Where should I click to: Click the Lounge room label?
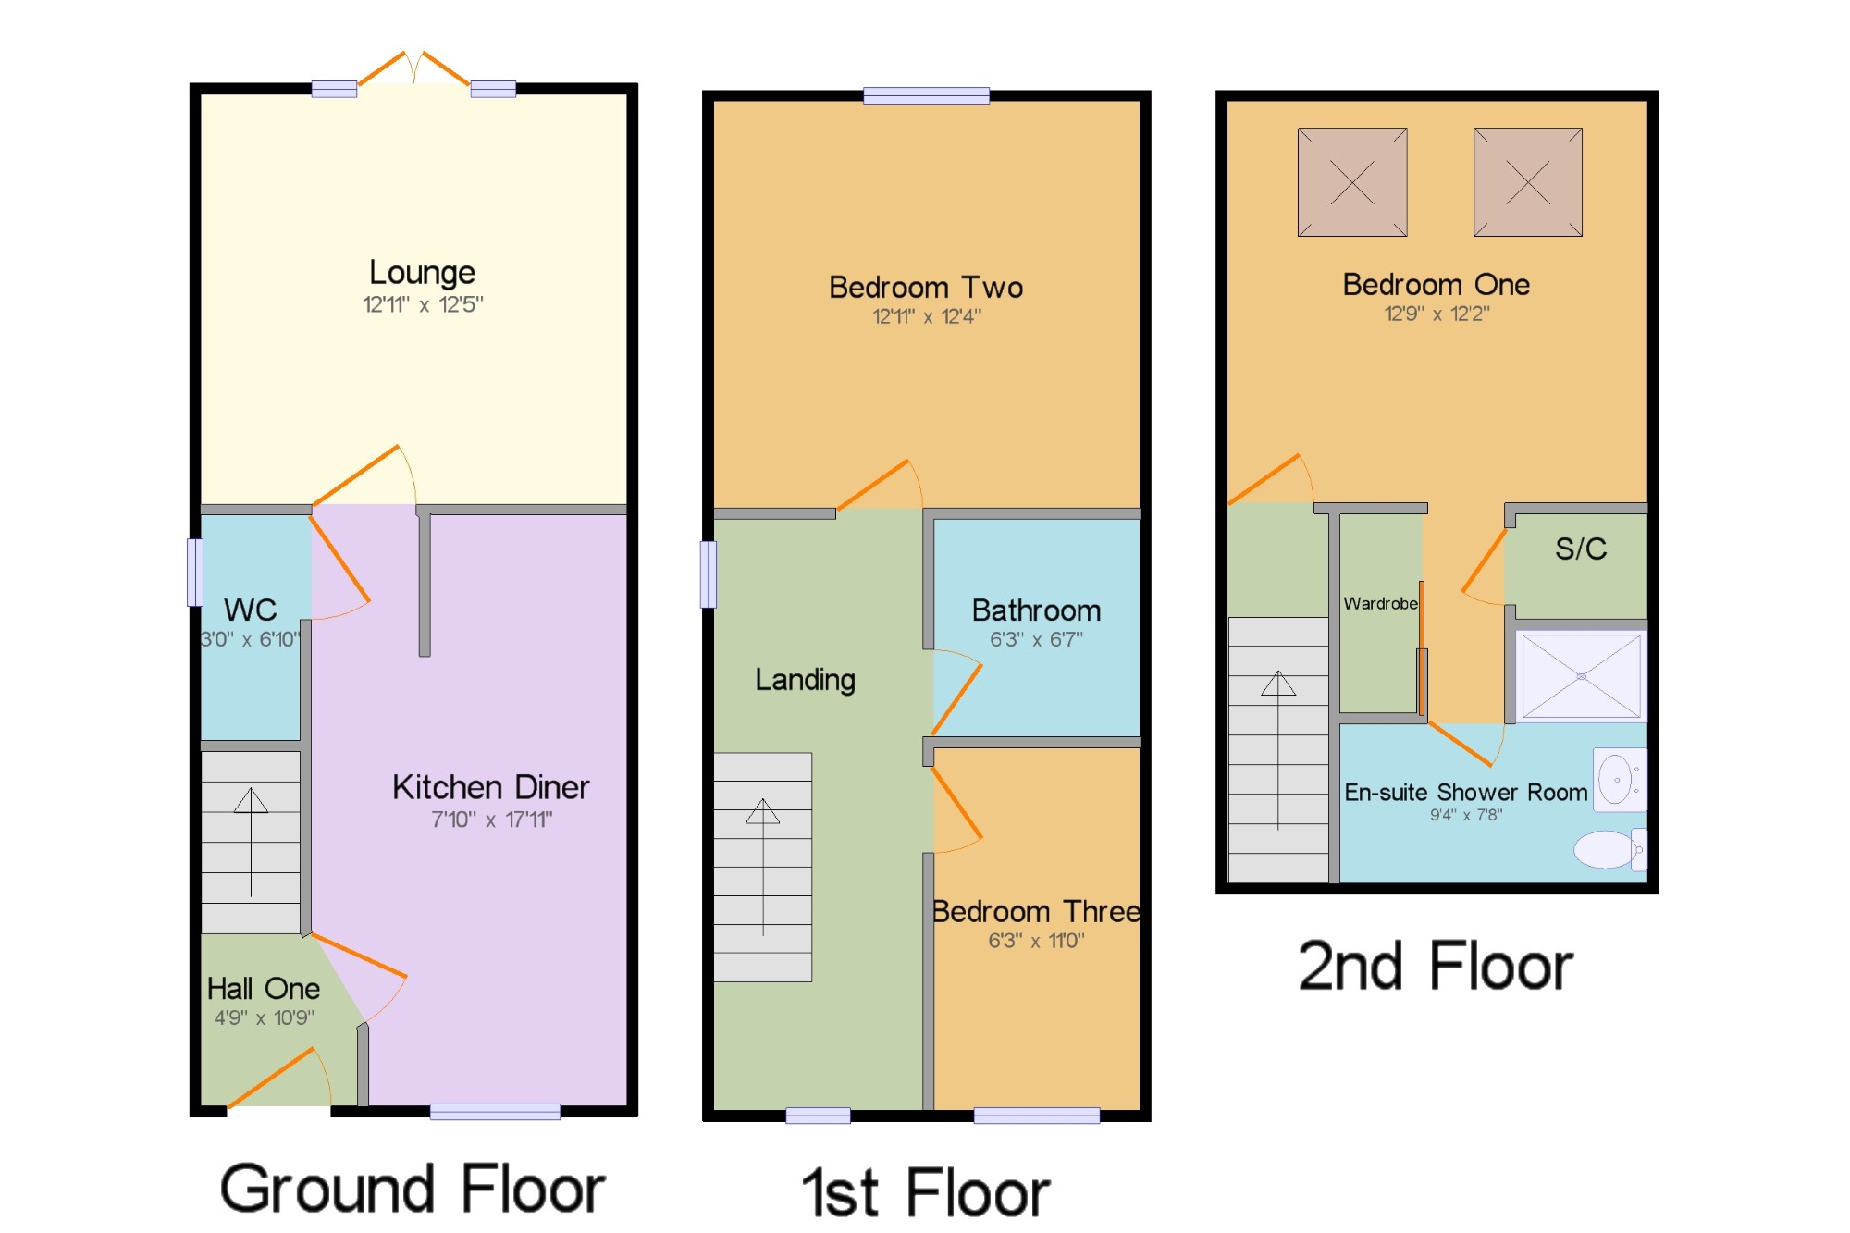(x=422, y=274)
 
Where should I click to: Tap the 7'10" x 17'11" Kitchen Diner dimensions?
(x=491, y=820)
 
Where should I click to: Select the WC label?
(x=250, y=610)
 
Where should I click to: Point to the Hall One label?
(x=264, y=989)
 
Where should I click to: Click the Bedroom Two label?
(x=926, y=288)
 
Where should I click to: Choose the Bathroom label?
(x=1036, y=610)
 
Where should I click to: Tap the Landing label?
(x=805, y=681)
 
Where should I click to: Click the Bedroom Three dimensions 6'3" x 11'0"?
(x=1036, y=941)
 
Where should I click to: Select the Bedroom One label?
(x=1436, y=285)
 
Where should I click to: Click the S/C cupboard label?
(x=1581, y=549)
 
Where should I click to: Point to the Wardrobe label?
(x=1380, y=604)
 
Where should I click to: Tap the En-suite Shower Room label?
(x=1466, y=793)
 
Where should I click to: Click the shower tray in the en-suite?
(x=1581, y=676)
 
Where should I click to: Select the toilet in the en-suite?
(x=1610, y=849)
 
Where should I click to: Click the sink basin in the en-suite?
(x=1620, y=780)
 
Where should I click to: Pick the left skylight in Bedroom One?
(x=1352, y=182)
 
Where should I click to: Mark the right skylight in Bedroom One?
(x=1528, y=182)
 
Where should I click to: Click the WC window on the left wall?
(x=195, y=573)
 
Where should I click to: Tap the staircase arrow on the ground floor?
(x=251, y=842)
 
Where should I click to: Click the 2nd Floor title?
(x=1436, y=967)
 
